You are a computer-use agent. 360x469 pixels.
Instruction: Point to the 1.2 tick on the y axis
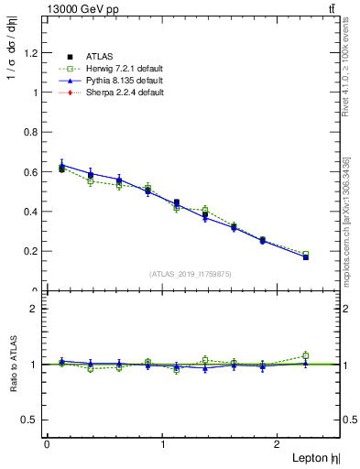[31, 52]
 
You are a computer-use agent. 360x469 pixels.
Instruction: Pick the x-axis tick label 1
[163, 444]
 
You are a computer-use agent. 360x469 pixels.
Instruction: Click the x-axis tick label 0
[47, 444]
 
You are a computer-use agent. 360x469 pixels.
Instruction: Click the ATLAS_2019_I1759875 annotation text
[191, 273]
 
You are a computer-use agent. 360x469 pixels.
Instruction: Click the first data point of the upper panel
[61, 168]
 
